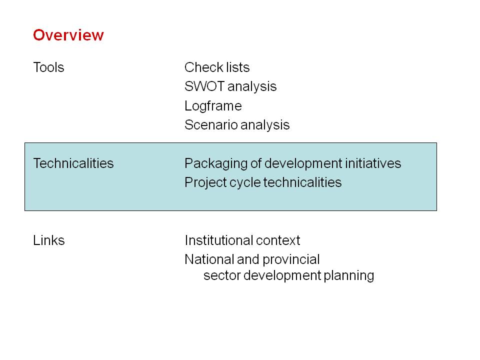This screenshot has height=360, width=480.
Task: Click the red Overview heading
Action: click(68, 35)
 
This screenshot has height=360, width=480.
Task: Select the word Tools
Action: click(48, 67)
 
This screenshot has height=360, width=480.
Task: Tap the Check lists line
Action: click(217, 67)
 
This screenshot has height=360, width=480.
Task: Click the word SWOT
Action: click(204, 86)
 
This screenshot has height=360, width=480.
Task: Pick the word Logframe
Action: click(213, 106)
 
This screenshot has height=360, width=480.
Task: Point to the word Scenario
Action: click(211, 125)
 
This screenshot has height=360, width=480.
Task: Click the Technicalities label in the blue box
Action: click(73, 163)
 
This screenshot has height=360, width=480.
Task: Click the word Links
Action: click(49, 240)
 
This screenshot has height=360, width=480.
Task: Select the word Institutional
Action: click(219, 240)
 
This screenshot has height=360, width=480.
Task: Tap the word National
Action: click(209, 259)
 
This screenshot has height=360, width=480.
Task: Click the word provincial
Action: click(291, 260)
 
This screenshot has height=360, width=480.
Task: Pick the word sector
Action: click(222, 275)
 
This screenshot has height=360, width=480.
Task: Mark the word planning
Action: click(348, 276)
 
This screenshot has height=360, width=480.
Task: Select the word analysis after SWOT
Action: click(252, 87)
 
